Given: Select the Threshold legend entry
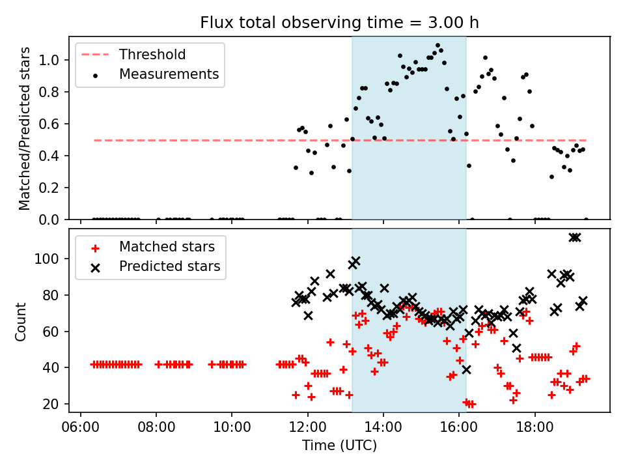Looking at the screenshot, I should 152,55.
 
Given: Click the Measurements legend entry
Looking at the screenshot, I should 168,74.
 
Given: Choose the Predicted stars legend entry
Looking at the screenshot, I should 169,266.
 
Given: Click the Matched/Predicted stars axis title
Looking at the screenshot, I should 25,128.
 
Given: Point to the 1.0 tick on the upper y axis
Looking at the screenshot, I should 52,61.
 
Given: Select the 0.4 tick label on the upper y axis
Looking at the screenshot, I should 52,156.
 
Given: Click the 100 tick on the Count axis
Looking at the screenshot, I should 49,259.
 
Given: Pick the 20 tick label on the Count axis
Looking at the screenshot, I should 52,405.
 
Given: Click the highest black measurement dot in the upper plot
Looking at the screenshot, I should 437,45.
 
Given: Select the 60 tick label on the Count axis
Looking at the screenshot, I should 52,332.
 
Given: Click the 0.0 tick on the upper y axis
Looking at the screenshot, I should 52,220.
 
